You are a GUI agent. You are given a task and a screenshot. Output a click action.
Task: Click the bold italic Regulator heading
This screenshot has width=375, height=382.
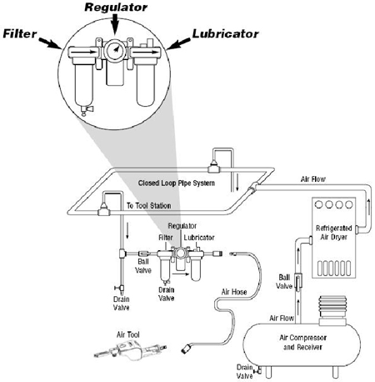pyautogui.click(x=116, y=8)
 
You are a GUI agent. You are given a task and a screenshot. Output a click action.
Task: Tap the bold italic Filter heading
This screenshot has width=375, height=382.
pyautogui.click(x=20, y=33)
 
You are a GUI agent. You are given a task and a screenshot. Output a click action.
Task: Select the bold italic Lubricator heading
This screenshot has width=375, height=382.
pyautogui.click(x=225, y=33)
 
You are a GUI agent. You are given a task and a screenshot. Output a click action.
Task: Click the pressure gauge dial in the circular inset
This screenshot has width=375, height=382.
pyautogui.click(x=115, y=50)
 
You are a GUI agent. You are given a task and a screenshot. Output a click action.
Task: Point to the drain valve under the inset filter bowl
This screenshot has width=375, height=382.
pyautogui.click(x=86, y=110)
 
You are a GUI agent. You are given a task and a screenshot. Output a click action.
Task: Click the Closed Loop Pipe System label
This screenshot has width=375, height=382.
pyautogui.click(x=177, y=183)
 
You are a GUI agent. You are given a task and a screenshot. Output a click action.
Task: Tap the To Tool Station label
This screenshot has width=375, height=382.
pyautogui.click(x=148, y=206)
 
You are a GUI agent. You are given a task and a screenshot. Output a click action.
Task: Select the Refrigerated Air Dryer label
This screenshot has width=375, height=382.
pyautogui.click(x=333, y=233)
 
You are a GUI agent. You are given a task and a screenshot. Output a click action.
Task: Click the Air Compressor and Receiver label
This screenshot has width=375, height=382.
pyautogui.click(x=302, y=342)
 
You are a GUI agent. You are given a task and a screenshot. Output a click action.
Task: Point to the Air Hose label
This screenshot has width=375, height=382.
pyautogui.click(x=234, y=292)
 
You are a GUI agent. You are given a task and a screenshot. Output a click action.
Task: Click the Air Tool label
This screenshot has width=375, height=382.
pyautogui.click(x=127, y=334)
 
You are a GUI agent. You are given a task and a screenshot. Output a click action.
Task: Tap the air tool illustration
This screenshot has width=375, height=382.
pyautogui.click(x=130, y=351)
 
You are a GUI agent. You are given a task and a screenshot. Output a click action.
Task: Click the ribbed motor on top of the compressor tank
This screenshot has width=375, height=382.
pyautogui.click(x=332, y=310)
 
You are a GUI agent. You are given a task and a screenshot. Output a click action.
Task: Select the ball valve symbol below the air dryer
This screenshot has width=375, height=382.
pyautogui.click(x=298, y=282)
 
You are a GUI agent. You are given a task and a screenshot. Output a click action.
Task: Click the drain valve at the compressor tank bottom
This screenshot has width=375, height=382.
pyautogui.click(x=257, y=370)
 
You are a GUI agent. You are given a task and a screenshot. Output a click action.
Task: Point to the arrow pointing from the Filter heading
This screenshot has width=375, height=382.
pyautogui.click(x=50, y=43)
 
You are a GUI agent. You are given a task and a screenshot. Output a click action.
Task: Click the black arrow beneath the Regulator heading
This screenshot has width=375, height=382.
pyautogui.click(x=115, y=24)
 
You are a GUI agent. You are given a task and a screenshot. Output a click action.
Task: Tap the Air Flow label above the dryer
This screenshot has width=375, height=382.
pyautogui.click(x=312, y=179)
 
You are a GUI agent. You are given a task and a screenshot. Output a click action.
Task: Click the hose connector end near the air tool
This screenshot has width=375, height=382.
pyautogui.click(x=186, y=349)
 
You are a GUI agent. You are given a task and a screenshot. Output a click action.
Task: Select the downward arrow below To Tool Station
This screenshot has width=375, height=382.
pyautogui.click(x=127, y=230)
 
